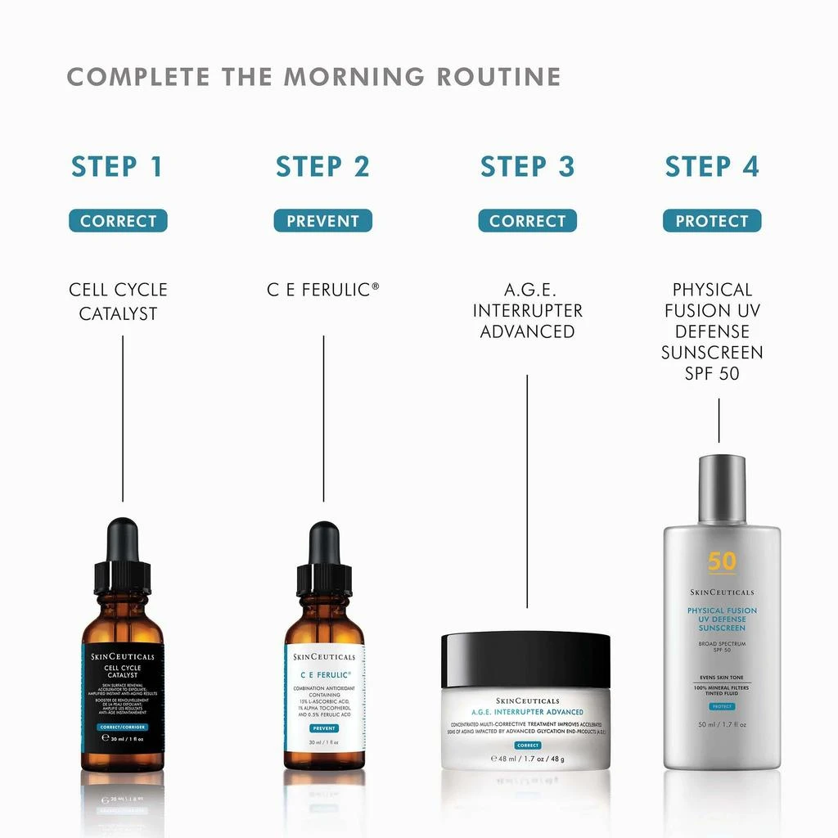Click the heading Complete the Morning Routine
coord(313,77)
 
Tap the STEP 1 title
coord(117,166)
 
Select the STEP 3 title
coord(527,166)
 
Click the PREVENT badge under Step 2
coord(322,221)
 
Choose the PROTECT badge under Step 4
coord(711,221)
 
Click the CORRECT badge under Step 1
coord(118,221)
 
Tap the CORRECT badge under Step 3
coord(527,221)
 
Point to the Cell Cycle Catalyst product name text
coord(118,301)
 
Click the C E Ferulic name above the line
coord(322,290)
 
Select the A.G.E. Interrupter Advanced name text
coord(527,311)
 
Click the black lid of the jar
coord(526,659)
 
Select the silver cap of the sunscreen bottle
coord(722,489)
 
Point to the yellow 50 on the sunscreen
coord(722,561)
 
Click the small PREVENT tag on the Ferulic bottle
coord(324,728)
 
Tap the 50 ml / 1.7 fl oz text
coord(722,725)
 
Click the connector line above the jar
coord(527,491)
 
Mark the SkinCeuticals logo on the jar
coord(527,701)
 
